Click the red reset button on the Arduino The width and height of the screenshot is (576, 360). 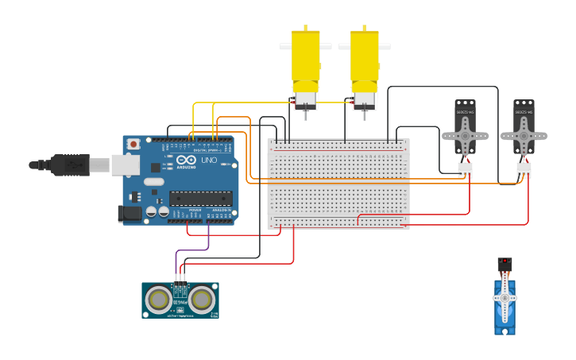pyautogui.click(x=133, y=144)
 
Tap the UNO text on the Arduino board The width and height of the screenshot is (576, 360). pyautogui.click(x=209, y=160)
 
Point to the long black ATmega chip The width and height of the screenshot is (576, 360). pyautogui.click(x=200, y=199)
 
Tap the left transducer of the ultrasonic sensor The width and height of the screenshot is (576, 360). pyautogui.click(x=160, y=299)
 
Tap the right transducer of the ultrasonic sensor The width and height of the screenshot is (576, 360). pyautogui.click(x=202, y=299)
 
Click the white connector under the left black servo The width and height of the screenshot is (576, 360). pyautogui.click(x=465, y=169)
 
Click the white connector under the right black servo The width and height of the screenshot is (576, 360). pyautogui.click(x=524, y=170)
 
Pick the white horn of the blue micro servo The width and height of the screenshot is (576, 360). pyautogui.click(x=504, y=298)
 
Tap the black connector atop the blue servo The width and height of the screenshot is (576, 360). pyautogui.click(x=504, y=263)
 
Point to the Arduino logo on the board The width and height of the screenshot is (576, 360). pyautogui.click(x=186, y=160)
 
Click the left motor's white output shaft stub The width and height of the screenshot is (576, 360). pyautogui.click(x=285, y=47)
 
